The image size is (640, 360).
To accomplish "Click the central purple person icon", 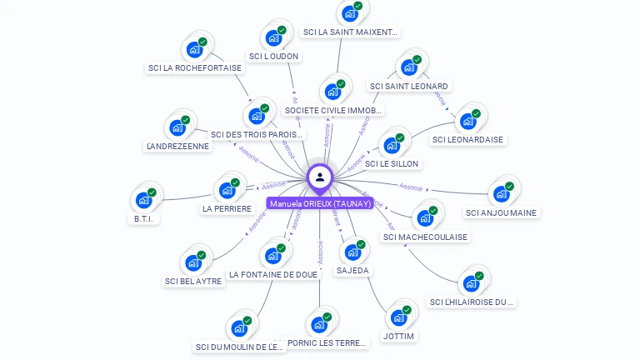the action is pos(320,177).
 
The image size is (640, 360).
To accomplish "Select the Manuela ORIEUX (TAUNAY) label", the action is pos(320,203).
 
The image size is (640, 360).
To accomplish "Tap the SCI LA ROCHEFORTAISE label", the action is pos(195,68).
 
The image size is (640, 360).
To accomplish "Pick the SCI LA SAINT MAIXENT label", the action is pos(351,32).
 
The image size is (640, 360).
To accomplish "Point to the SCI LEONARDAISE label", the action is pos(467,139).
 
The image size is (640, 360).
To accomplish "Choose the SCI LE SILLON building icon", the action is pos(391,146).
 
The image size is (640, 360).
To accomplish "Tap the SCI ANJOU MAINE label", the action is pos(502,212).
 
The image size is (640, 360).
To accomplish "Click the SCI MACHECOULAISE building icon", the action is pos(425,218).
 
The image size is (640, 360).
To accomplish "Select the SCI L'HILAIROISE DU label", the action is pos(472,302).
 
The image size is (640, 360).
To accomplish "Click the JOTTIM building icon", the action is pos(399,317).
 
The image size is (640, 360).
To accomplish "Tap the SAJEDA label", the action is pos(352,271).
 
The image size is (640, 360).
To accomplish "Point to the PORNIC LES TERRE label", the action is pos(326,342).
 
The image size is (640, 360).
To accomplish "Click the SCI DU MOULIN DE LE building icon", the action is pos(240,327).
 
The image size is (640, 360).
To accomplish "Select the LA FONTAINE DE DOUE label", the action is pos(273,274).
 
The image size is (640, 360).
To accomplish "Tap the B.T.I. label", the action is pos(144,218).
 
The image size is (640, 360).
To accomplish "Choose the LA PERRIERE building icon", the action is pos(227,190).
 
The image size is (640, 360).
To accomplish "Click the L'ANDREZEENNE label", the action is pos(177,146).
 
